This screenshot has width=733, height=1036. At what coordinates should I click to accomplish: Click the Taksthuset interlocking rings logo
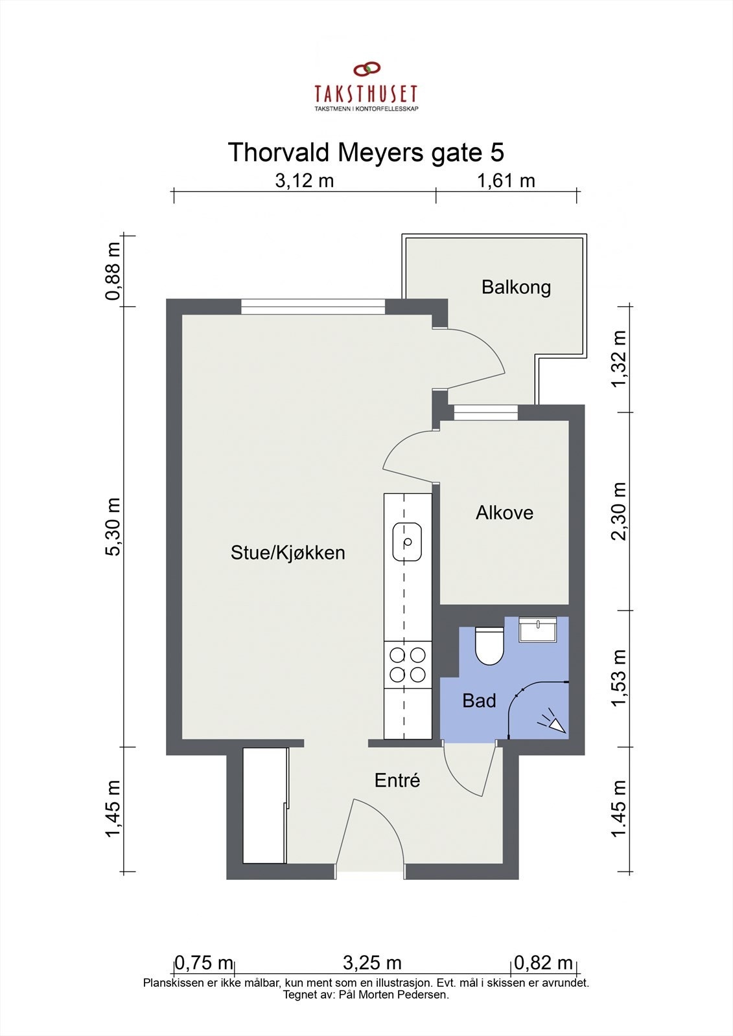pos(367,69)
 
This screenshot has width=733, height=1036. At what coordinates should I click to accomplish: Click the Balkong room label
pos(516,287)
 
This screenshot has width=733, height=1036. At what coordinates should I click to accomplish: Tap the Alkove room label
pos(504,513)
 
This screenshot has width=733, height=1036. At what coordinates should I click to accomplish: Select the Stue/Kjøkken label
pos(288,553)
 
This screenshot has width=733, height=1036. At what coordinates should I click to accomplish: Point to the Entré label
pos(397,780)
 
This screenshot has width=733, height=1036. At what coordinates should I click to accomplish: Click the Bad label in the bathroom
pos(479,701)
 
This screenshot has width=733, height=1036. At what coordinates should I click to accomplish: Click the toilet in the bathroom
pos(489,646)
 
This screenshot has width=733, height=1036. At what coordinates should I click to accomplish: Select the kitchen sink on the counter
pos(407,541)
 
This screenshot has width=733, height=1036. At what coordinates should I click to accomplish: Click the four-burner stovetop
pos(408,664)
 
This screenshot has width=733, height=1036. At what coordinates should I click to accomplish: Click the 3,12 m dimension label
pos(304,181)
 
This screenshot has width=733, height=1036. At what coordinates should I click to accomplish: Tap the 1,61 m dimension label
pos(506,181)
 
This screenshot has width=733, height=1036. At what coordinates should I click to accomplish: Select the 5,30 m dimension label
pos(113,526)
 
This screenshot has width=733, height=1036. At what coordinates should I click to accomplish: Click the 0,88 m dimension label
pos(113,271)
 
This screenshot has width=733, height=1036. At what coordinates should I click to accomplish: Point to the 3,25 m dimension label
pos(372,963)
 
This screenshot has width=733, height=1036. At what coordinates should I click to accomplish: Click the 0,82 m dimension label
pos(543,963)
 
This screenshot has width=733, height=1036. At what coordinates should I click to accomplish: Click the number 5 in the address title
pos(497,152)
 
